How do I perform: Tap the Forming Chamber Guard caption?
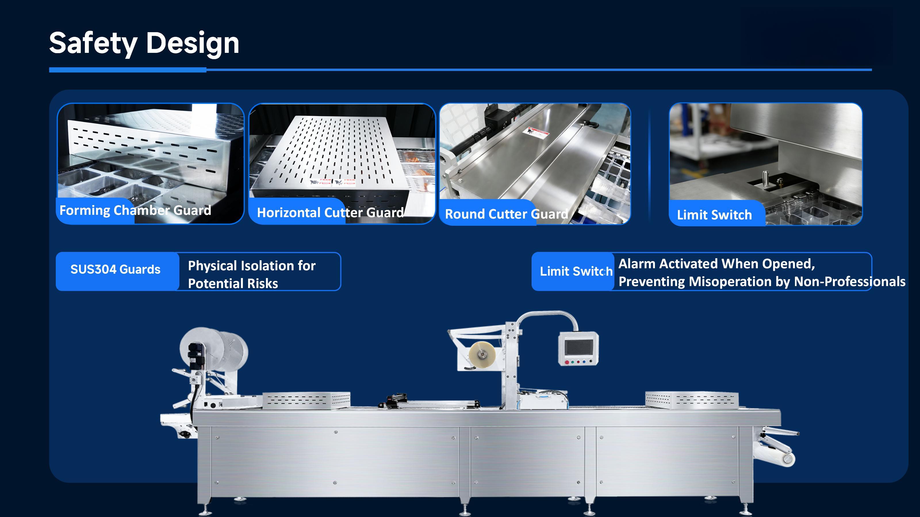[x=135, y=211]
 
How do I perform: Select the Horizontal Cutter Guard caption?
[x=330, y=213]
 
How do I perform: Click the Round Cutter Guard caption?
[x=506, y=214]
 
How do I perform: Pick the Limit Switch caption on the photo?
[x=714, y=215]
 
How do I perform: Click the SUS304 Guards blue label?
[x=115, y=269]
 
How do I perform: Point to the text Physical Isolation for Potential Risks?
[x=252, y=274]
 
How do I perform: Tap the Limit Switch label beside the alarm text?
[x=576, y=271]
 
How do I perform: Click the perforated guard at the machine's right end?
[x=692, y=400]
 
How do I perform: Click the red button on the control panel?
[x=567, y=362]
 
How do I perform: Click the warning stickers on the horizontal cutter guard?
[x=332, y=182]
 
